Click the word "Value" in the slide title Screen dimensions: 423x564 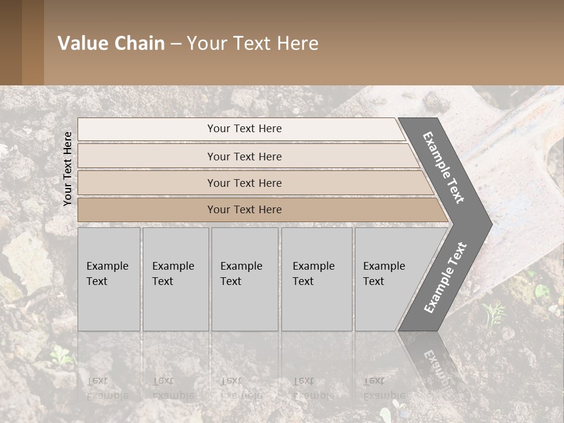tap(81, 43)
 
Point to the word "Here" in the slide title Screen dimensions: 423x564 tap(297, 43)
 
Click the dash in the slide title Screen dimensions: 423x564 tap(176, 44)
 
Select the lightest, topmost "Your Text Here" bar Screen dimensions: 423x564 tap(244, 129)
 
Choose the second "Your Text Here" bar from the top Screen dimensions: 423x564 tap(244, 156)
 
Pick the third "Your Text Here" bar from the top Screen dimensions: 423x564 tap(244, 183)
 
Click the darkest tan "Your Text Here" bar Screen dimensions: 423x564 tap(244, 210)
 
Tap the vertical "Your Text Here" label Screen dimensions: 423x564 tap(68, 169)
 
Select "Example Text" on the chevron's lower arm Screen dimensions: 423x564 tap(445, 277)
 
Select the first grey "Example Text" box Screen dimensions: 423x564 tap(109, 279)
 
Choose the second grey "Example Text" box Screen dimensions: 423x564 tap(175, 279)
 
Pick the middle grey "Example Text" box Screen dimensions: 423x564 tap(244, 279)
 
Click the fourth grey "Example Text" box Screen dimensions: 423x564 tap(317, 279)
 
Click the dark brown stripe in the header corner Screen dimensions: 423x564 tap(11, 42)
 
